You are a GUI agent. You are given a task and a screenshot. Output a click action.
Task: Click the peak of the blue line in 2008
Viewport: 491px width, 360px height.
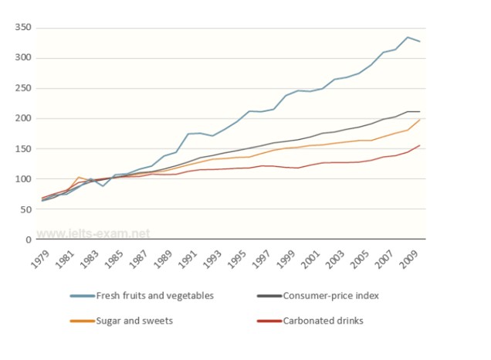[x=408, y=37]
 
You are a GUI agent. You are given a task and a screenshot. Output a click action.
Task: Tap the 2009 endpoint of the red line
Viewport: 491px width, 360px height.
[x=420, y=145]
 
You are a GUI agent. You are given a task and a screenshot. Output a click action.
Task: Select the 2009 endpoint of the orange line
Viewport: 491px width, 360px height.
[x=420, y=120]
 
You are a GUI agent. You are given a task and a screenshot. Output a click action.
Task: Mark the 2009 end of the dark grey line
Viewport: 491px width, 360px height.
[x=420, y=112]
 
